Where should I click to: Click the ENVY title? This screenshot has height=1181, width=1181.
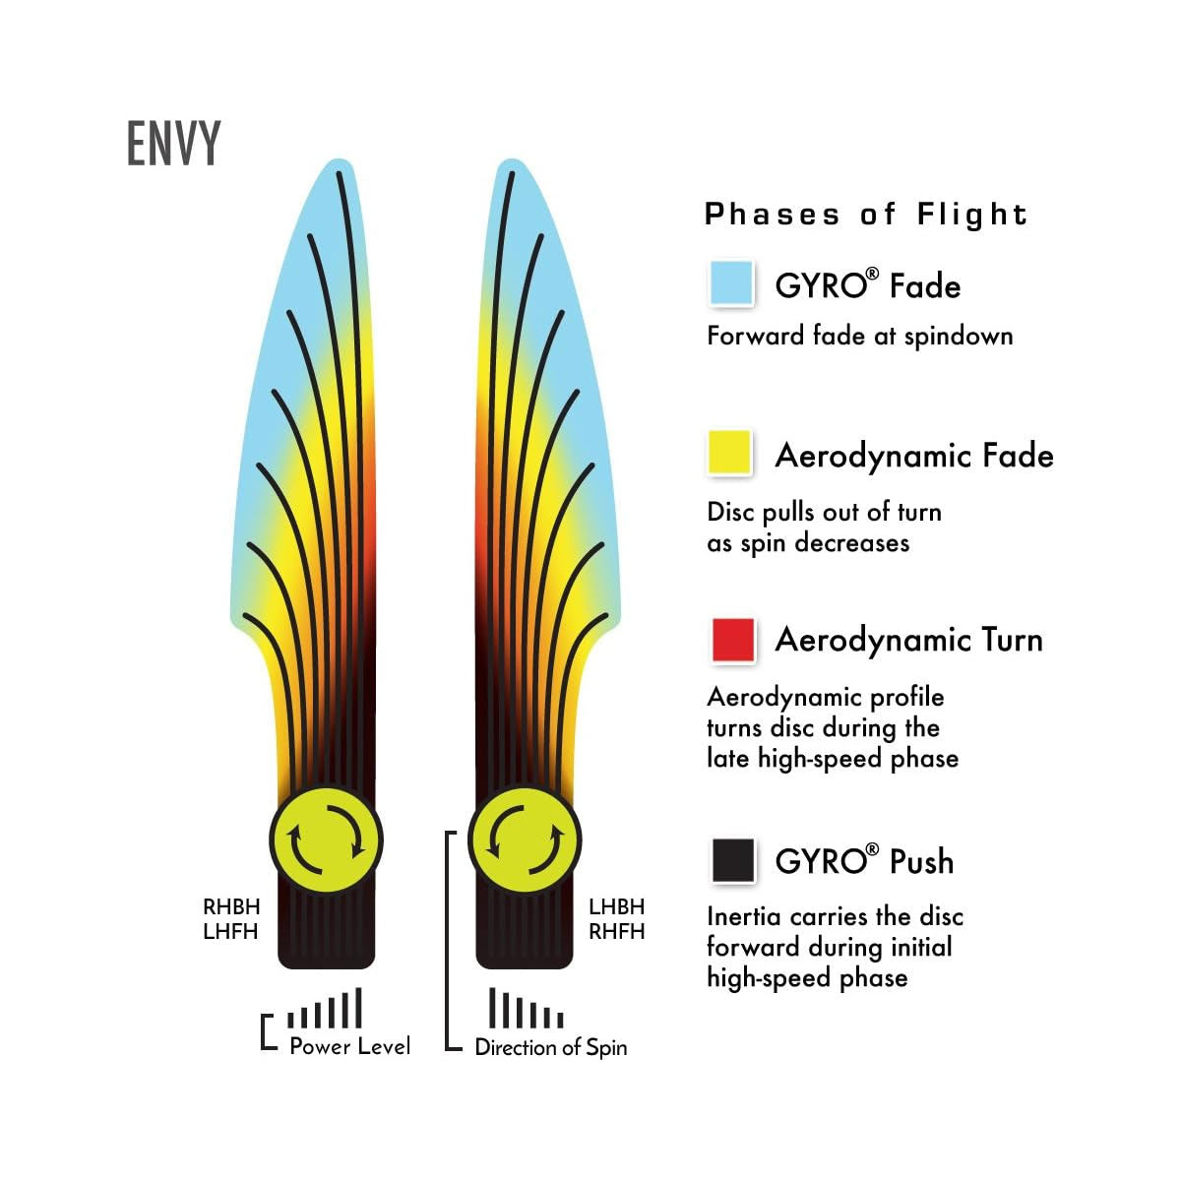coord(174,144)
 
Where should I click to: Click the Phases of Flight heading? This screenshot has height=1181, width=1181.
coord(866,215)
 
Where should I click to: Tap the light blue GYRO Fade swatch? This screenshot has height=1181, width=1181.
coord(731,283)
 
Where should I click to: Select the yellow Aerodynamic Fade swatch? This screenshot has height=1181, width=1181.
coord(731,454)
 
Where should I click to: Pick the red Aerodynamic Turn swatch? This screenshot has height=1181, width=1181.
coord(732,640)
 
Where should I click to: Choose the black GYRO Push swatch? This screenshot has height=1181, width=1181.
coord(732,860)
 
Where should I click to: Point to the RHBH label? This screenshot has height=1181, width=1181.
coord(231,906)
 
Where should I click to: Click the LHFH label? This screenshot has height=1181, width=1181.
coord(230,931)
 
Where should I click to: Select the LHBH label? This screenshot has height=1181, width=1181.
coord(617,906)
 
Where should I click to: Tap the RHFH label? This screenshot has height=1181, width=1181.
coord(617,931)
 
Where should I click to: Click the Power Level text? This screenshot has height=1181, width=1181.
coord(349,1046)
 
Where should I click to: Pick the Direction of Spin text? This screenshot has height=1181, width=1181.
coord(550,1047)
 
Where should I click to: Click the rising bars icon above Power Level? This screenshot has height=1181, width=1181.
coord(325,1010)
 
